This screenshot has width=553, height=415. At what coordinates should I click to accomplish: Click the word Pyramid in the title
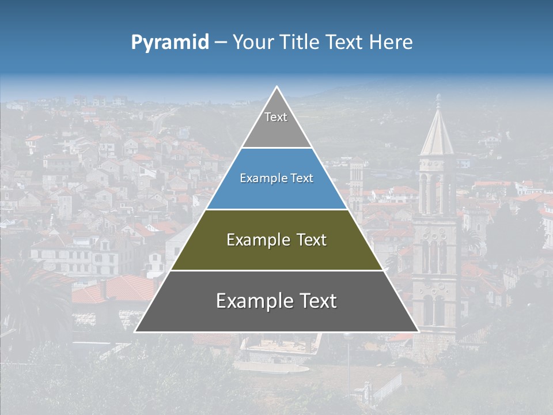pyautogui.click(x=169, y=43)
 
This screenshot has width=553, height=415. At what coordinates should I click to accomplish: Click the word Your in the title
pyautogui.click(x=253, y=42)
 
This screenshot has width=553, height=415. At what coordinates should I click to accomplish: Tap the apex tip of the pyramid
pyautogui.click(x=276, y=87)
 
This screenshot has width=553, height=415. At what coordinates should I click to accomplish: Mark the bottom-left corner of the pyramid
pyautogui.click(x=135, y=331)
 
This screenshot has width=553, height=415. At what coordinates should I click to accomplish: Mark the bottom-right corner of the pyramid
pyautogui.click(x=418, y=331)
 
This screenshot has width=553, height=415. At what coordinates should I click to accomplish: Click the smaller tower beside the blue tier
pyautogui.click(x=357, y=184)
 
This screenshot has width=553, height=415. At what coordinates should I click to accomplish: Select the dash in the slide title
pyautogui.click(x=220, y=43)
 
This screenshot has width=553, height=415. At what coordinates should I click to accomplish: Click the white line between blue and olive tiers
pyautogui.click(x=276, y=209)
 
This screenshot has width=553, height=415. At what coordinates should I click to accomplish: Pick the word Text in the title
pyautogui.click(x=343, y=42)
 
